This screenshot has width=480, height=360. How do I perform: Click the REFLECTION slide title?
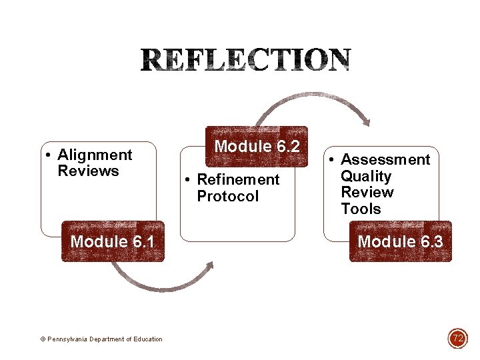(245, 61)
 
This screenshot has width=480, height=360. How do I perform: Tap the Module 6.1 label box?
(113, 241)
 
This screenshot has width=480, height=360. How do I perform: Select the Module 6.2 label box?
(257, 146)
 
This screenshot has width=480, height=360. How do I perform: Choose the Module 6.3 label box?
(400, 241)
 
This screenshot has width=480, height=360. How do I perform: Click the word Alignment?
(95, 155)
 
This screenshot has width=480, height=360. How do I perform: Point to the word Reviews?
(88, 171)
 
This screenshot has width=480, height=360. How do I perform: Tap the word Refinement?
(238, 180)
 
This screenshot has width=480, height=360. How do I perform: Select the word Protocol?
(227, 197)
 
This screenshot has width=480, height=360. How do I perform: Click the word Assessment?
(385, 160)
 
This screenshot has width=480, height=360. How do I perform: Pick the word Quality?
(366, 177)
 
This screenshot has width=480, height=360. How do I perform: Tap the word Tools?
(361, 209)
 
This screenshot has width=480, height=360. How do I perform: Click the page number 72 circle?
(458, 339)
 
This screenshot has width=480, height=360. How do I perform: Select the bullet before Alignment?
(49, 156)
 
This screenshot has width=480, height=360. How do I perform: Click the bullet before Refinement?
(189, 180)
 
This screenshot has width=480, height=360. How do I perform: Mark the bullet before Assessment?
(333, 161)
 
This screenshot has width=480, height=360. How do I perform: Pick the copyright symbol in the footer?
(43, 339)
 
